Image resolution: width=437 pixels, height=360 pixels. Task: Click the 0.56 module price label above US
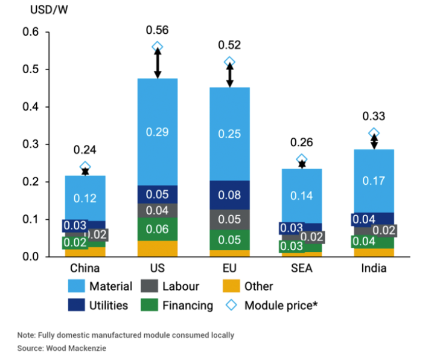point(158,30)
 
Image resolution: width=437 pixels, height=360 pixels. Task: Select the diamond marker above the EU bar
point(230,62)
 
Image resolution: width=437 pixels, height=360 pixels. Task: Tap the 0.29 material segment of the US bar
point(158,132)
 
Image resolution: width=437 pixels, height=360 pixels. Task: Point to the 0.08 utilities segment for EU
point(230,194)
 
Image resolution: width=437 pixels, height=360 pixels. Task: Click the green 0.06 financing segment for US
point(158,228)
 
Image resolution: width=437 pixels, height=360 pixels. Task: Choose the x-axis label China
point(85,268)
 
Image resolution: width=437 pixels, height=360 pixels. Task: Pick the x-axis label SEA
point(302,268)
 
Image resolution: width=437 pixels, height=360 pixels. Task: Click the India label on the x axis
point(374,268)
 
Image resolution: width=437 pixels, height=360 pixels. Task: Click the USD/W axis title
point(40,10)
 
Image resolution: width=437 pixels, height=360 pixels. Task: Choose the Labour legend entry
point(180,286)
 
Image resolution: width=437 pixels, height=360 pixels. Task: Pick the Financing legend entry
point(188,306)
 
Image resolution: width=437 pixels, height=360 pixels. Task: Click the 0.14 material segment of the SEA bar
point(302,195)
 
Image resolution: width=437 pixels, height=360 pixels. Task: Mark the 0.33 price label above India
point(374,117)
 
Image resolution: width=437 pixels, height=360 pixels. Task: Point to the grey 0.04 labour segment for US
point(158,210)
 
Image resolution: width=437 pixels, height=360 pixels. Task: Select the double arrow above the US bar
point(158,62)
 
